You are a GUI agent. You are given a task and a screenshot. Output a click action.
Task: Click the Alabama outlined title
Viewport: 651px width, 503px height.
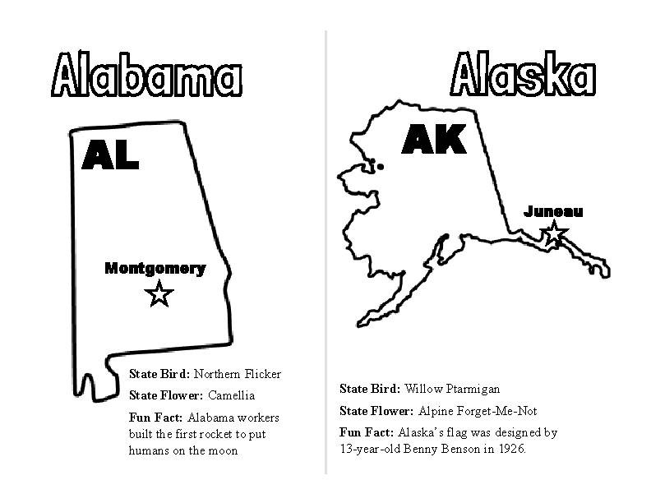coord(147,76)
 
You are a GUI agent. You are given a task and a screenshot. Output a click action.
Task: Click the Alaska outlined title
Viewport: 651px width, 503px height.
coord(522,76)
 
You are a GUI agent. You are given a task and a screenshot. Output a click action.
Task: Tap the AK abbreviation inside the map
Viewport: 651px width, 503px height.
coord(433,140)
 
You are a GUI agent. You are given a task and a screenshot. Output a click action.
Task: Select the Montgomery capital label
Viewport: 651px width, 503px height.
coord(155,268)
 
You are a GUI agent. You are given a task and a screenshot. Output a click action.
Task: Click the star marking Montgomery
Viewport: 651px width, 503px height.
coord(159,293)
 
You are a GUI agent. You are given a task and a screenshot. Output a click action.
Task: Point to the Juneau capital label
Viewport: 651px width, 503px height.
coord(553,211)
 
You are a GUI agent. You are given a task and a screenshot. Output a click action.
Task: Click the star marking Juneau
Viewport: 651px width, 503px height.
coord(554,233)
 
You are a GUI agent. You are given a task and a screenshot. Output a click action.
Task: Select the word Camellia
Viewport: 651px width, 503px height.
coord(231,395)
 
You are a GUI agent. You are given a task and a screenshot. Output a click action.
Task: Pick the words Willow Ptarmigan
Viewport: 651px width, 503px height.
coord(452,389)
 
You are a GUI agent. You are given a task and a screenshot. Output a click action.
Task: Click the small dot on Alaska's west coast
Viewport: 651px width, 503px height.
coord(379,166)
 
